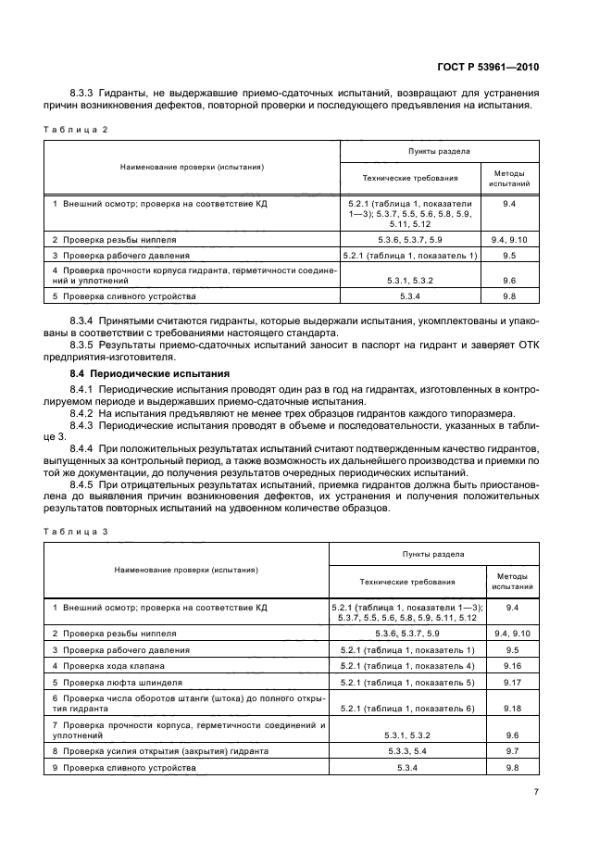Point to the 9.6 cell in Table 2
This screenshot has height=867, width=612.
click(x=508, y=280)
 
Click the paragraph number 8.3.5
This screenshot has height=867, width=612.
click(x=83, y=344)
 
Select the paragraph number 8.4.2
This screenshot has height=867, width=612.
click(x=83, y=412)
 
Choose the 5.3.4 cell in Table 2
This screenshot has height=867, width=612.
click(x=409, y=296)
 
